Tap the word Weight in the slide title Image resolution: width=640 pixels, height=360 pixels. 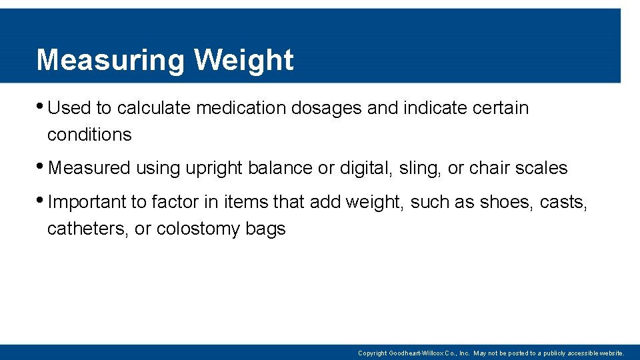click(243, 60)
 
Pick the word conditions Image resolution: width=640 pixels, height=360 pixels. click(89, 135)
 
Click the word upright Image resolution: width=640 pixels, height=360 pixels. click(214, 169)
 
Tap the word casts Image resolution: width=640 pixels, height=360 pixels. click(564, 202)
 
